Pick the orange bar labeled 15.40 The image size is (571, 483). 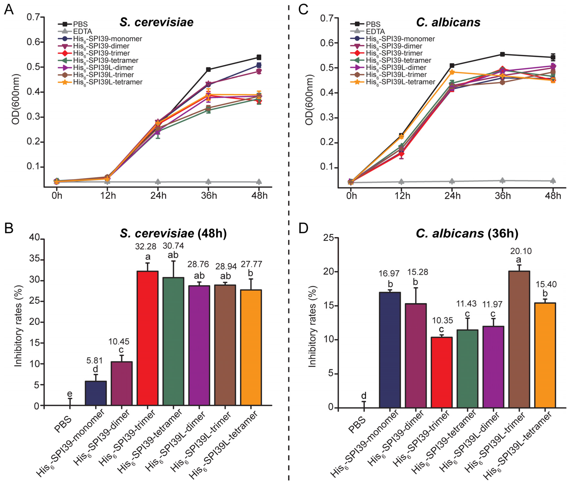pos(545,355)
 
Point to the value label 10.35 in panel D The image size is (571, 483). pos(442,320)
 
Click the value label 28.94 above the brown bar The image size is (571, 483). pos(226,266)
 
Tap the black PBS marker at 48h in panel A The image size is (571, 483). pos(259,57)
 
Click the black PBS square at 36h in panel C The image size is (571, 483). pos(502,54)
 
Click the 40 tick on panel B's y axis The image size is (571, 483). pos(34,238)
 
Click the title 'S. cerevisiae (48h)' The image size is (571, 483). pos(173,233)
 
